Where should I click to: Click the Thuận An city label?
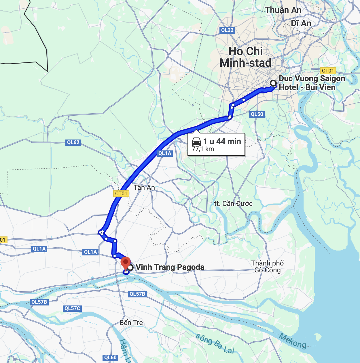click(x=283, y=10)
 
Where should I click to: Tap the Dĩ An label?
click(x=301, y=23)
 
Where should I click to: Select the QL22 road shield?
click(x=227, y=30)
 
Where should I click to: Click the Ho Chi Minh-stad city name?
click(x=246, y=57)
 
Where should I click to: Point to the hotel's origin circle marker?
click(x=273, y=83)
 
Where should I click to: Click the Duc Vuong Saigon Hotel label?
click(x=312, y=83)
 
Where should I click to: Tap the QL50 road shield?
click(x=257, y=114)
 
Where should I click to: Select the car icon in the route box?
click(x=196, y=142)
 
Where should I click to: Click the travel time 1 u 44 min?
click(x=222, y=141)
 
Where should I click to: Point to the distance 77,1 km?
click(x=203, y=149)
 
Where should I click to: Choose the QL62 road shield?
click(x=73, y=142)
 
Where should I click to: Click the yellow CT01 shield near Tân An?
click(x=121, y=194)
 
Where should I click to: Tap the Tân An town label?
click(x=144, y=188)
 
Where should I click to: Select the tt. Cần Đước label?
click(x=233, y=204)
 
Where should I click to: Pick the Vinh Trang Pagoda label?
click(x=170, y=267)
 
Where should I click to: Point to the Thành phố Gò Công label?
click(x=267, y=267)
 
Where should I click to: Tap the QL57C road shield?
click(x=72, y=308)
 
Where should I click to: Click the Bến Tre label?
click(x=131, y=323)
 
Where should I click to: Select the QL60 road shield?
click(x=110, y=358)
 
